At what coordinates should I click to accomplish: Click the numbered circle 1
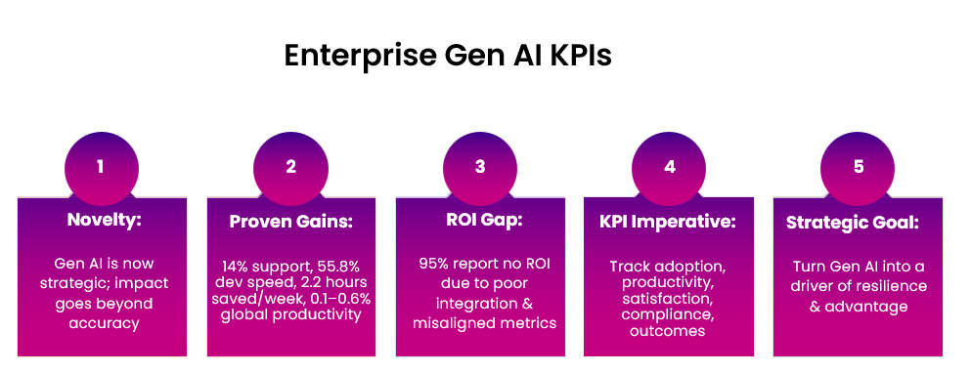pos(101,167)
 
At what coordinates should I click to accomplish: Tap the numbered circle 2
pos(290,167)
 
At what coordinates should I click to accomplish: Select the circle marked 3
pos(480,167)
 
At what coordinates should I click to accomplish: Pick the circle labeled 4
pos(670,167)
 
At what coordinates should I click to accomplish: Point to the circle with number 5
pos(859,167)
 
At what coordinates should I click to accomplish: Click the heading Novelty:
pos(104,222)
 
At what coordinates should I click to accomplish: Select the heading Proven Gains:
pos(290,222)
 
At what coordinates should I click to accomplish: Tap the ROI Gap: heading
pos(480,222)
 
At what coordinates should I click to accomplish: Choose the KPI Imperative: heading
pos(669,222)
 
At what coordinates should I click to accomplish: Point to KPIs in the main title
pos(573,56)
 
